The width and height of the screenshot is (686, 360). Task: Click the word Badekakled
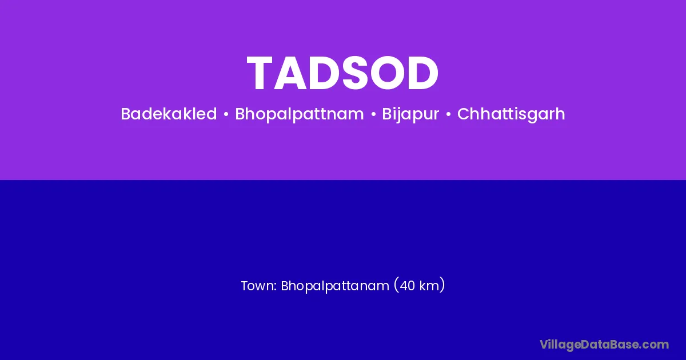tap(169, 114)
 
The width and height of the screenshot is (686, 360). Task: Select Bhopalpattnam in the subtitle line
tap(300, 114)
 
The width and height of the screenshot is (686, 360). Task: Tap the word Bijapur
tap(410, 114)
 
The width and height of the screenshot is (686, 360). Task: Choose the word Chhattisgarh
tap(511, 114)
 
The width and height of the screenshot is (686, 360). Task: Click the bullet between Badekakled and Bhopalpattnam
tap(226, 115)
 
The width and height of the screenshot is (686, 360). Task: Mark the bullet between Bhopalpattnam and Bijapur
tap(373, 115)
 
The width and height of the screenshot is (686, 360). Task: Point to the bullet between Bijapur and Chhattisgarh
tap(448, 115)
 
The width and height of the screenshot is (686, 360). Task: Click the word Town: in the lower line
tap(259, 286)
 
